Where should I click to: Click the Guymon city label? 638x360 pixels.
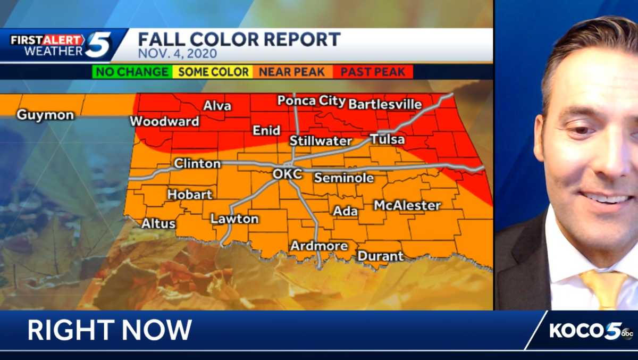point(45,115)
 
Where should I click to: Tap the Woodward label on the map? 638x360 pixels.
point(165,122)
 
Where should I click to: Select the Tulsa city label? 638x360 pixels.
point(387,140)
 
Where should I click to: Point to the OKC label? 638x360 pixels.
point(287,174)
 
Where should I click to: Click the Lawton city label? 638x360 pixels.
point(234,219)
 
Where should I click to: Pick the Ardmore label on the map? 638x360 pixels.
point(319,246)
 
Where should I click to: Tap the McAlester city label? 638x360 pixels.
point(407,205)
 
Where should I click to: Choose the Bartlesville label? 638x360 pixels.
point(385,104)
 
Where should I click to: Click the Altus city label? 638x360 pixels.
point(158,224)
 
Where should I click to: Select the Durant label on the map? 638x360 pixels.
point(380,256)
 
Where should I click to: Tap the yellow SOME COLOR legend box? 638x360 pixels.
point(213,72)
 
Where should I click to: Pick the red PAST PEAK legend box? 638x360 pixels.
point(373,72)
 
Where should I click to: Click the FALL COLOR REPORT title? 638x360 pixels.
point(239,39)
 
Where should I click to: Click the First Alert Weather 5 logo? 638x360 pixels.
point(61,46)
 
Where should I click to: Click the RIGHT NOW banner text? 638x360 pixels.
point(110,330)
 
